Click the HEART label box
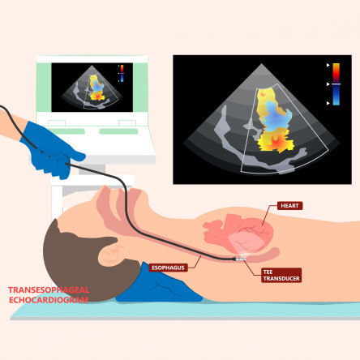pos(289,206)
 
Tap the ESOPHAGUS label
pos(168,268)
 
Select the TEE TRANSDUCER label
pos(281,275)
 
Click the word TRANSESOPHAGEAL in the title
pos(49,290)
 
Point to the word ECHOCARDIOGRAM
pos(49,300)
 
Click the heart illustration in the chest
pos(238,234)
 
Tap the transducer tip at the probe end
pos(240,259)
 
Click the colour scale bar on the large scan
pos(336,84)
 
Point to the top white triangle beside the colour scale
pos(328,65)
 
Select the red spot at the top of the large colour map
pos(263,93)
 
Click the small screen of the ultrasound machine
pos(92,88)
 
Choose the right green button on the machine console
pos(118,131)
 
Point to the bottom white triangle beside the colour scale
pos(328,103)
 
